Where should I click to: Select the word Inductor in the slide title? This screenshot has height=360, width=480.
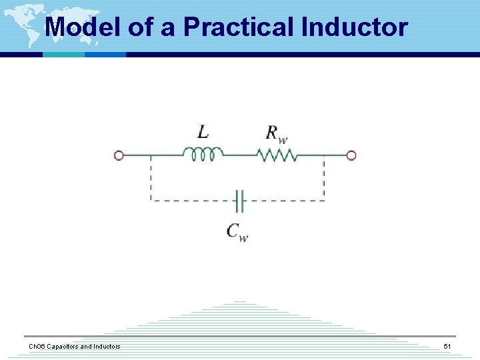point(354,27)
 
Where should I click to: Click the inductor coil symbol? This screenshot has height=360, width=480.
point(203,155)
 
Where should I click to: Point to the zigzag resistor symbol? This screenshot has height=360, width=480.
point(276,155)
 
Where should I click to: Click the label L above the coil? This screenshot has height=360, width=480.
point(203,132)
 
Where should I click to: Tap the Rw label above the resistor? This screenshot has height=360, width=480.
point(277,133)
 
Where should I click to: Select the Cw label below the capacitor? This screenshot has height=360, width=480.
point(237,231)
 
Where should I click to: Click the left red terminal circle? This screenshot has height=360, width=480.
point(119,155)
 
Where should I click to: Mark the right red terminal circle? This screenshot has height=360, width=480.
point(351,155)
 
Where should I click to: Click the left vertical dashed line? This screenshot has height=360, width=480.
point(151,178)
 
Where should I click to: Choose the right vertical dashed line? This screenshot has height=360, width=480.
point(324,178)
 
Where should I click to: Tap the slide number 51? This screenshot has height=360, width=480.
point(447,347)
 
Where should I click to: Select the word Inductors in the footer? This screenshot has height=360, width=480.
point(105,347)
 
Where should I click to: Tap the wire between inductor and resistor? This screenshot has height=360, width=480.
point(239,155)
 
